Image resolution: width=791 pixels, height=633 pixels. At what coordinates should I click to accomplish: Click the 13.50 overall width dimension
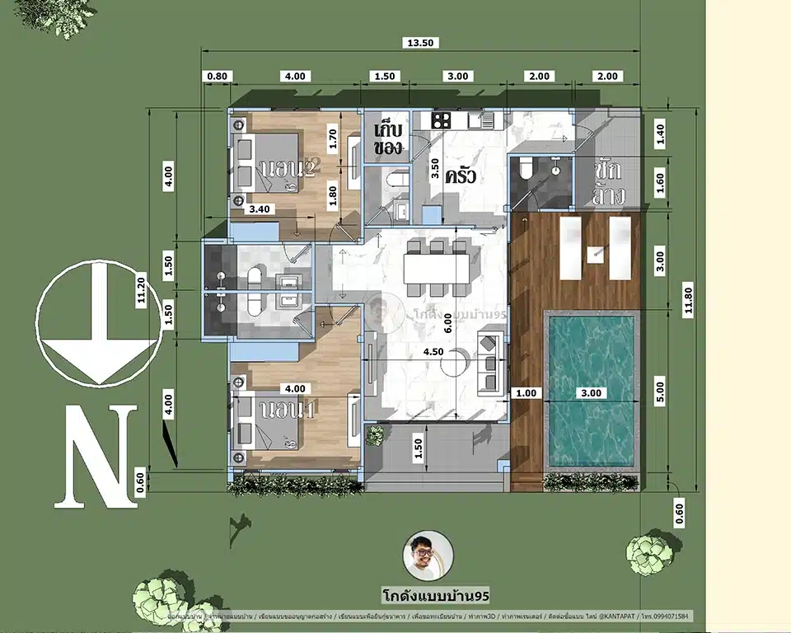421,44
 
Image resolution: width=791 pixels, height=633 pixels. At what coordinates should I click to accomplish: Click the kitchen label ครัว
462,176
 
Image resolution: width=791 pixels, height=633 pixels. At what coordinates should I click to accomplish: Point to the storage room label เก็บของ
387,140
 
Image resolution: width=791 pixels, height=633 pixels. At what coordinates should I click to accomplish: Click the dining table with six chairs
437,267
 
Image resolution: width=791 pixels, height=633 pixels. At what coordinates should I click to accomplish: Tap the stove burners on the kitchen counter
441,120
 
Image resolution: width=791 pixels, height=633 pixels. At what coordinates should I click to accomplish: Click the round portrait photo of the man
424,556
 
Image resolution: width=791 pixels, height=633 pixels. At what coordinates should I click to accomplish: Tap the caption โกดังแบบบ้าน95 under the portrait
424,594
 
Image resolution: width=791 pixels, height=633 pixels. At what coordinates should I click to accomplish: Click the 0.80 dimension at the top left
217,77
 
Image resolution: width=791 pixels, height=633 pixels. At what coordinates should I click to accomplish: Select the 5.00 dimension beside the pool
659,387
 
